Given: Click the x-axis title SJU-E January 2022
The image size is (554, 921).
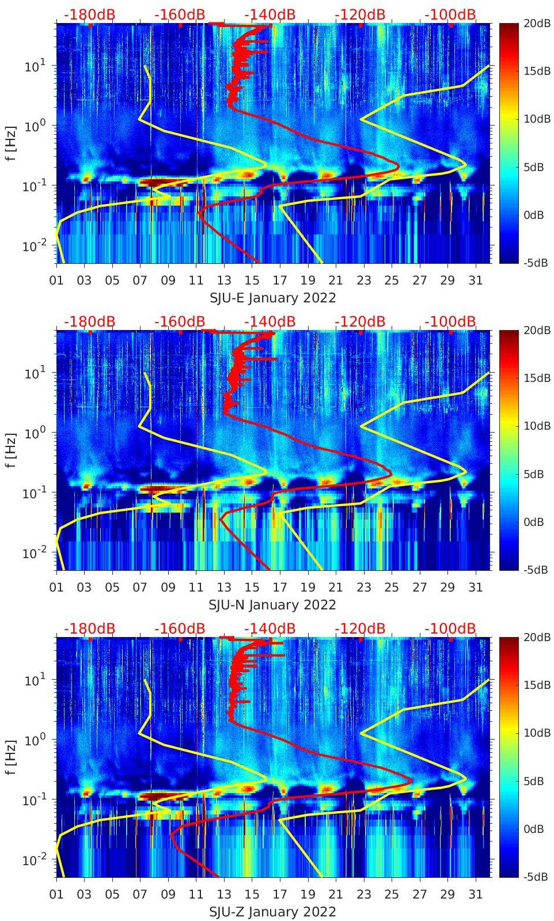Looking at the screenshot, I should click(x=272, y=298).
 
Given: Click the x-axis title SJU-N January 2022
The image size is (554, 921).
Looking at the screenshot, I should click(x=272, y=605).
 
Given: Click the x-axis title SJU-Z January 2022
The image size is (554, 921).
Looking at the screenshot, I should click(x=272, y=912).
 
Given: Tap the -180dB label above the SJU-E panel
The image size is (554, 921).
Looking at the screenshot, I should click(x=90, y=14).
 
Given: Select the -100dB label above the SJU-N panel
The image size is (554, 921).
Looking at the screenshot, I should click(x=450, y=321).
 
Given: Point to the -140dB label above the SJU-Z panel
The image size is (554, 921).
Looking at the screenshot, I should click(x=270, y=628).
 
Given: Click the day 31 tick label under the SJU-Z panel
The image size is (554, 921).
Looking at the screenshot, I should click(x=475, y=895).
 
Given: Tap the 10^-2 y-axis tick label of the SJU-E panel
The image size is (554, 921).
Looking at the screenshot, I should click(x=33, y=246).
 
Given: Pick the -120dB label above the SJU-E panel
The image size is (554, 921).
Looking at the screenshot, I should click(x=360, y=14).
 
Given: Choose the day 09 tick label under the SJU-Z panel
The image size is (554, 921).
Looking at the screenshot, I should click(x=168, y=895).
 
